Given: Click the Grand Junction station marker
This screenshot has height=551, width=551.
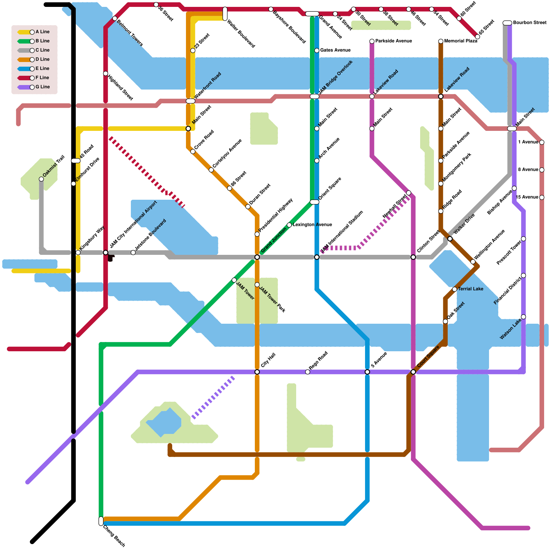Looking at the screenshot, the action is coord(257,257).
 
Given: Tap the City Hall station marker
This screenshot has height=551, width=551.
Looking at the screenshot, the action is coord(257,372).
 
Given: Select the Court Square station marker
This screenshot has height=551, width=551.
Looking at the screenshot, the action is coord(413,372).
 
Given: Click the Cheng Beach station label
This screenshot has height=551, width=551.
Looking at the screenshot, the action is coord(114,536).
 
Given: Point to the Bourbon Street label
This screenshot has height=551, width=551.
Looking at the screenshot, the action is coord(530,23).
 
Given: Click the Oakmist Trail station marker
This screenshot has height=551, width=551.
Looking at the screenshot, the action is coord(41,179).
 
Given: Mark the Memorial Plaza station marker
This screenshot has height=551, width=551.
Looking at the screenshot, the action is coord(441,41).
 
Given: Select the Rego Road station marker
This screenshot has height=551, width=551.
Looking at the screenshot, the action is coord(308,372).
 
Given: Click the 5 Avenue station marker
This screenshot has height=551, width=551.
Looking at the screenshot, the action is coord(367,372).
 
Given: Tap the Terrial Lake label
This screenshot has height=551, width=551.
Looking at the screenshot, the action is coord(470,289).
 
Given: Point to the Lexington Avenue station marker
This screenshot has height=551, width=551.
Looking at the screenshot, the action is coord(289,225).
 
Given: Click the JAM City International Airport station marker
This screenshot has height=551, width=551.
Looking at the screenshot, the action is coord(106,253).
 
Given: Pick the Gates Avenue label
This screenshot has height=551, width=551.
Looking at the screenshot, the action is coord(335,50).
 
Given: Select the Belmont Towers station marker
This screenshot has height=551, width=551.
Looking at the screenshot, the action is coord(115,18).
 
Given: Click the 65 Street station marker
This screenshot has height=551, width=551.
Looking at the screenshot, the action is coord(478,37).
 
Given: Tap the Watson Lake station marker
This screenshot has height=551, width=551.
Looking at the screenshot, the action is coord(523,317).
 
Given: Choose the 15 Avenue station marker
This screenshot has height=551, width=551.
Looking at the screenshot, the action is coord(542,197).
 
